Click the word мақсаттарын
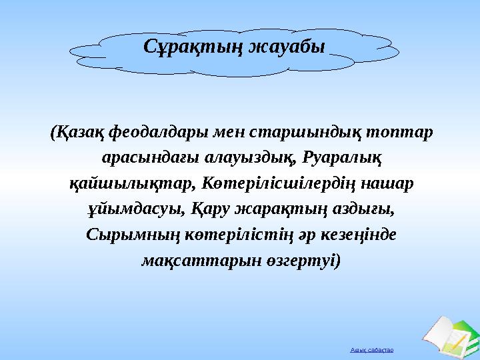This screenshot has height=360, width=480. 189,259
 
